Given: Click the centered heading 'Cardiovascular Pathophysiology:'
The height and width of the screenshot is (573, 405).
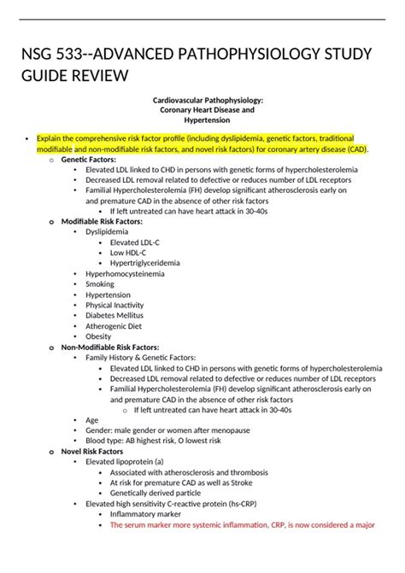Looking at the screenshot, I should [202, 100].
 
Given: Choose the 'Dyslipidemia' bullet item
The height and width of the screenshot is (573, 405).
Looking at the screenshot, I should [107, 231].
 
